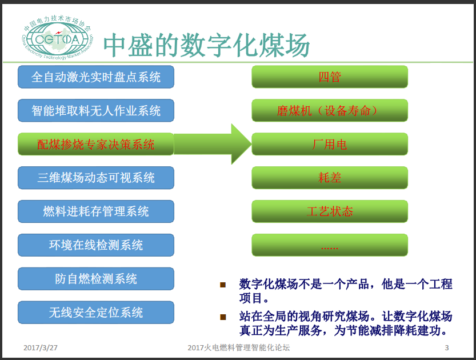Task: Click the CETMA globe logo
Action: click(57, 37)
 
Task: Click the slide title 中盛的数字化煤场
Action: click(206, 45)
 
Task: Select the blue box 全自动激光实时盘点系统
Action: click(96, 77)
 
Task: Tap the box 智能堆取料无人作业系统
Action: click(96, 110)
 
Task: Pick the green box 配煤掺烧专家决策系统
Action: click(96, 144)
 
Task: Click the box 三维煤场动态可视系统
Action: click(96, 178)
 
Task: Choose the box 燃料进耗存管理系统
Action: click(96, 211)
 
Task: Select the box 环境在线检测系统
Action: click(96, 245)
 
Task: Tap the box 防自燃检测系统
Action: click(96, 279)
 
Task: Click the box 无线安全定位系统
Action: click(96, 313)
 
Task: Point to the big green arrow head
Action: click(241, 144)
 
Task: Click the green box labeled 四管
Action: click(330, 77)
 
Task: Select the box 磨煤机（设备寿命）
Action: click(330, 110)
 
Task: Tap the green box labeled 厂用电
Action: click(330, 144)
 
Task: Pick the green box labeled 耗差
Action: click(330, 178)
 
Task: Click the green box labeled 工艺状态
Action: click(330, 211)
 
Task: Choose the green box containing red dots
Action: click(330, 245)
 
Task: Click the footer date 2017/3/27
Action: click(41, 348)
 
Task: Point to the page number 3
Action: click(447, 348)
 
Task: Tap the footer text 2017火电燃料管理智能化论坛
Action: click(239, 347)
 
